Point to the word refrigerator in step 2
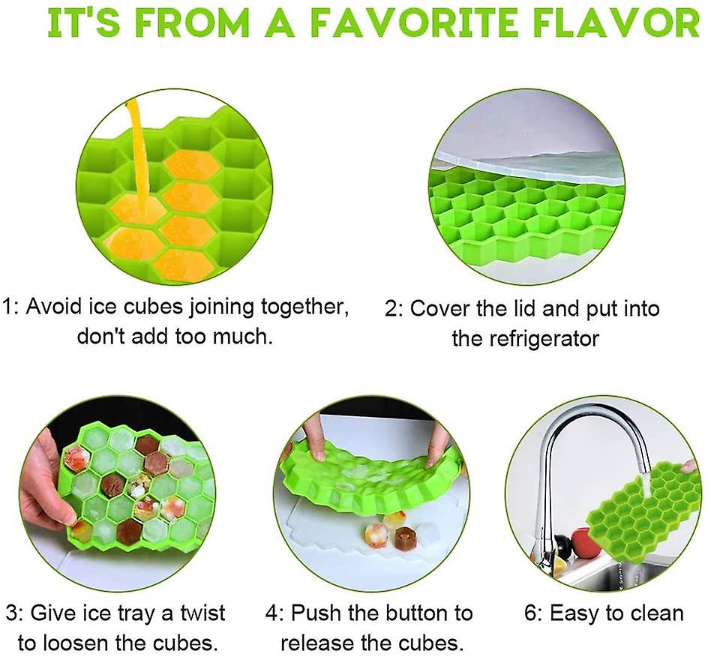(x=526, y=338)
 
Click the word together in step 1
(x=304, y=307)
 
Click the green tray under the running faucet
(x=644, y=517)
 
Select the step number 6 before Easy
(x=532, y=613)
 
